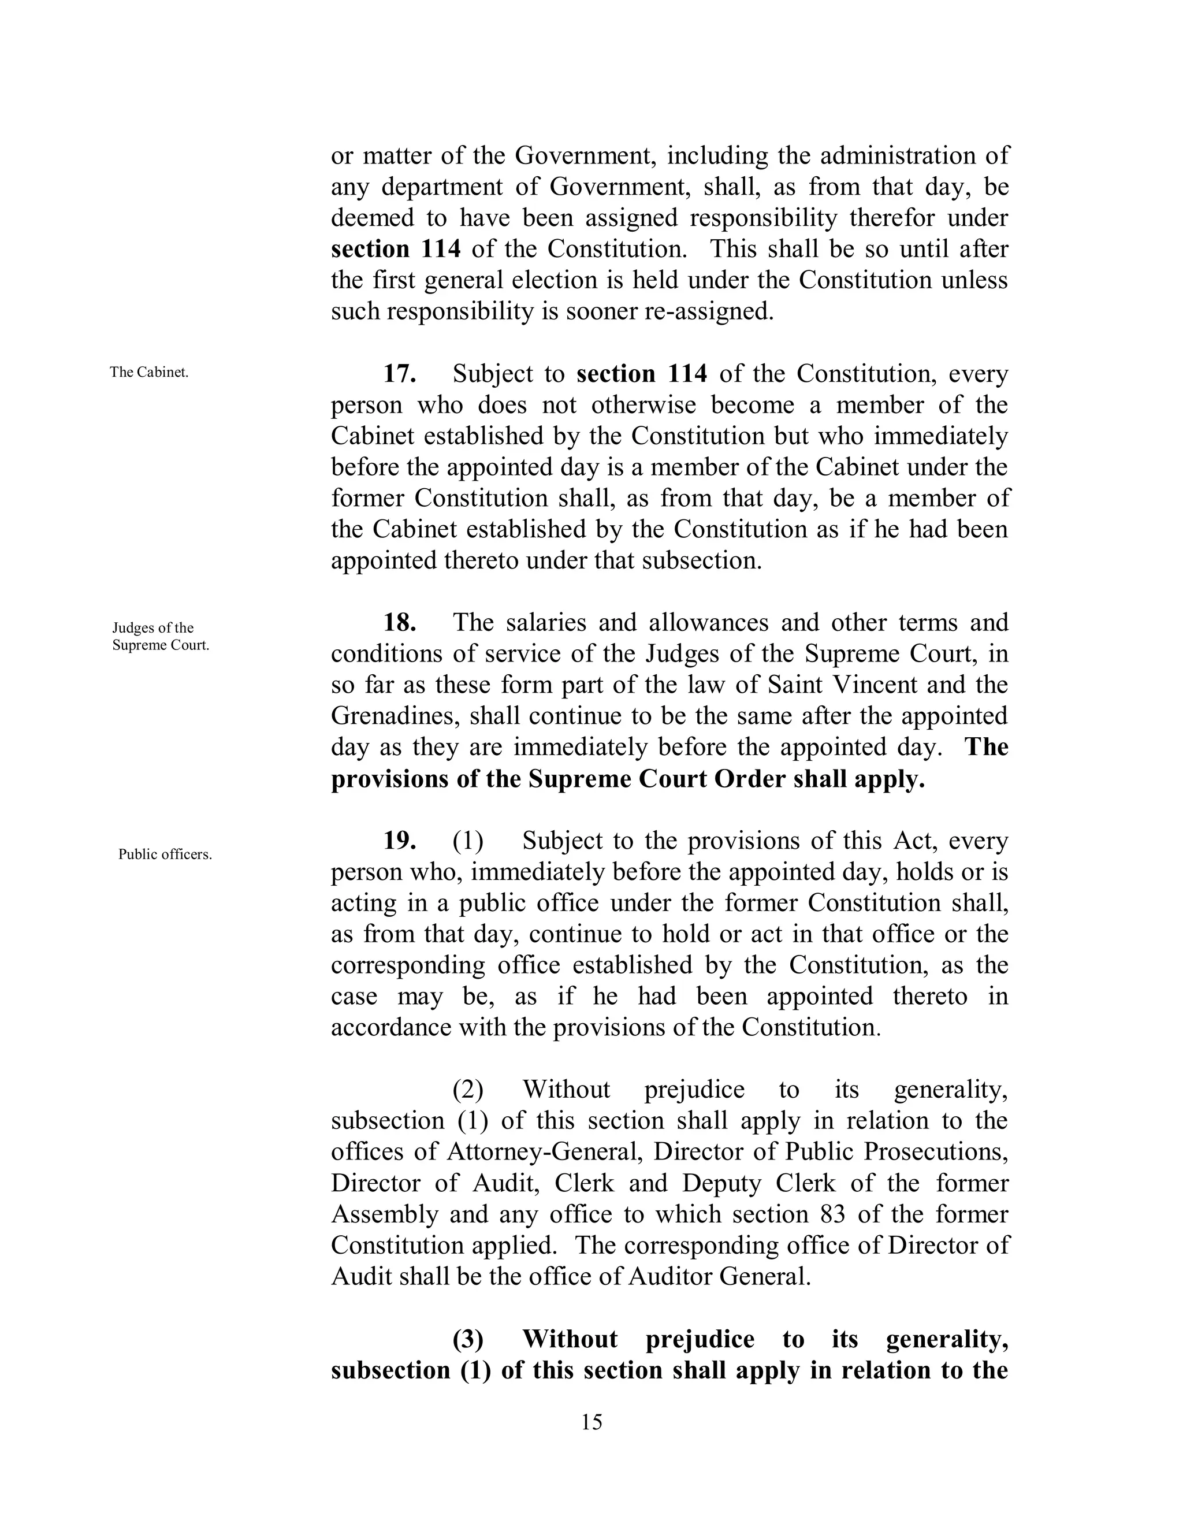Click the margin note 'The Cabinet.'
148,372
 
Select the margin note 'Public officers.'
165,854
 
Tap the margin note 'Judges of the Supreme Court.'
161,637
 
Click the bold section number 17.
400,374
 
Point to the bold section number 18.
400,622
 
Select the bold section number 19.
400,841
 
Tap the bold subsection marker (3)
467,1339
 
